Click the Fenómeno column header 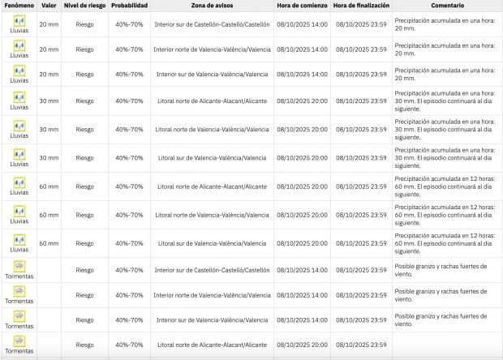click(x=19, y=6)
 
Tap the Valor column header click(x=49, y=6)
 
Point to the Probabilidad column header click(x=130, y=6)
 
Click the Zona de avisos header click(x=212, y=6)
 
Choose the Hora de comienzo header click(x=302, y=6)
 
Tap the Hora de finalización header click(x=360, y=6)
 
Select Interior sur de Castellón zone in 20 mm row click(x=212, y=24)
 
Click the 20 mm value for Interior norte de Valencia click(x=49, y=49)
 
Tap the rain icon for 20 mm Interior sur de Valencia click(x=19, y=71)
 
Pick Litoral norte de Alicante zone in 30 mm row click(x=212, y=101)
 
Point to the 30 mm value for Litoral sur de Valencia click(x=49, y=157)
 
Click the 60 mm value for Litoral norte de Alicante click(x=49, y=186)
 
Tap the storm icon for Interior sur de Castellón click(x=19, y=266)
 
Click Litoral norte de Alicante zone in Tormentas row click(x=212, y=345)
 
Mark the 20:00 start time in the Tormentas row click(x=302, y=345)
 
